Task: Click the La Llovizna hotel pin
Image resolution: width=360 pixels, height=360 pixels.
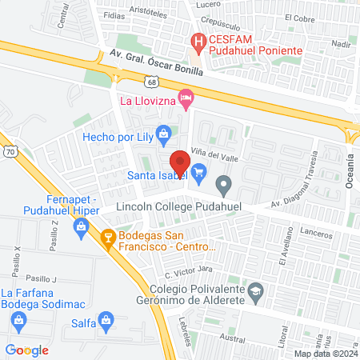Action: tap(187, 101)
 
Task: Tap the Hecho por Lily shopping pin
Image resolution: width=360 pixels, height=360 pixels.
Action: tap(164, 133)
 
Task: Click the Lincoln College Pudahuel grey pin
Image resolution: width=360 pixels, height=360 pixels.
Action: tap(225, 188)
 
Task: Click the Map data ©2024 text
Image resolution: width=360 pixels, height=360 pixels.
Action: tap(325, 354)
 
